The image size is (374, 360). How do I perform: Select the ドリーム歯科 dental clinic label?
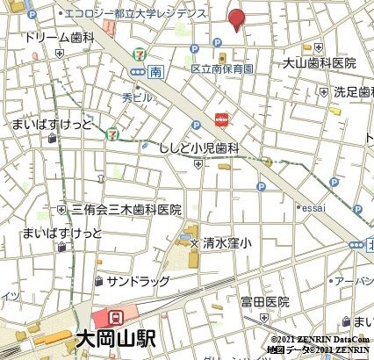click(x=59, y=39)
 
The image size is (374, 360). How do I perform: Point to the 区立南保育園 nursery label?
click(x=223, y=68)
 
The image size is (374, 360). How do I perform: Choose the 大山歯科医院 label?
click(x=319, y=63)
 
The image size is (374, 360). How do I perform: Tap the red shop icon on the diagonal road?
click(x=221, y=118)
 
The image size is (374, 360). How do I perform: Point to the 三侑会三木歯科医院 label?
click(x=126, y=210)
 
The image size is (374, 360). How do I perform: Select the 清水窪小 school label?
click(x=227, y=241)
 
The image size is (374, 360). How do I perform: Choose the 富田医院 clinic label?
click(x=265, y=301)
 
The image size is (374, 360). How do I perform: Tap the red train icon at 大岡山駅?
click(x=115, y=317)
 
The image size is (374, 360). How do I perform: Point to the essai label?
click(x=312, y=208)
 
